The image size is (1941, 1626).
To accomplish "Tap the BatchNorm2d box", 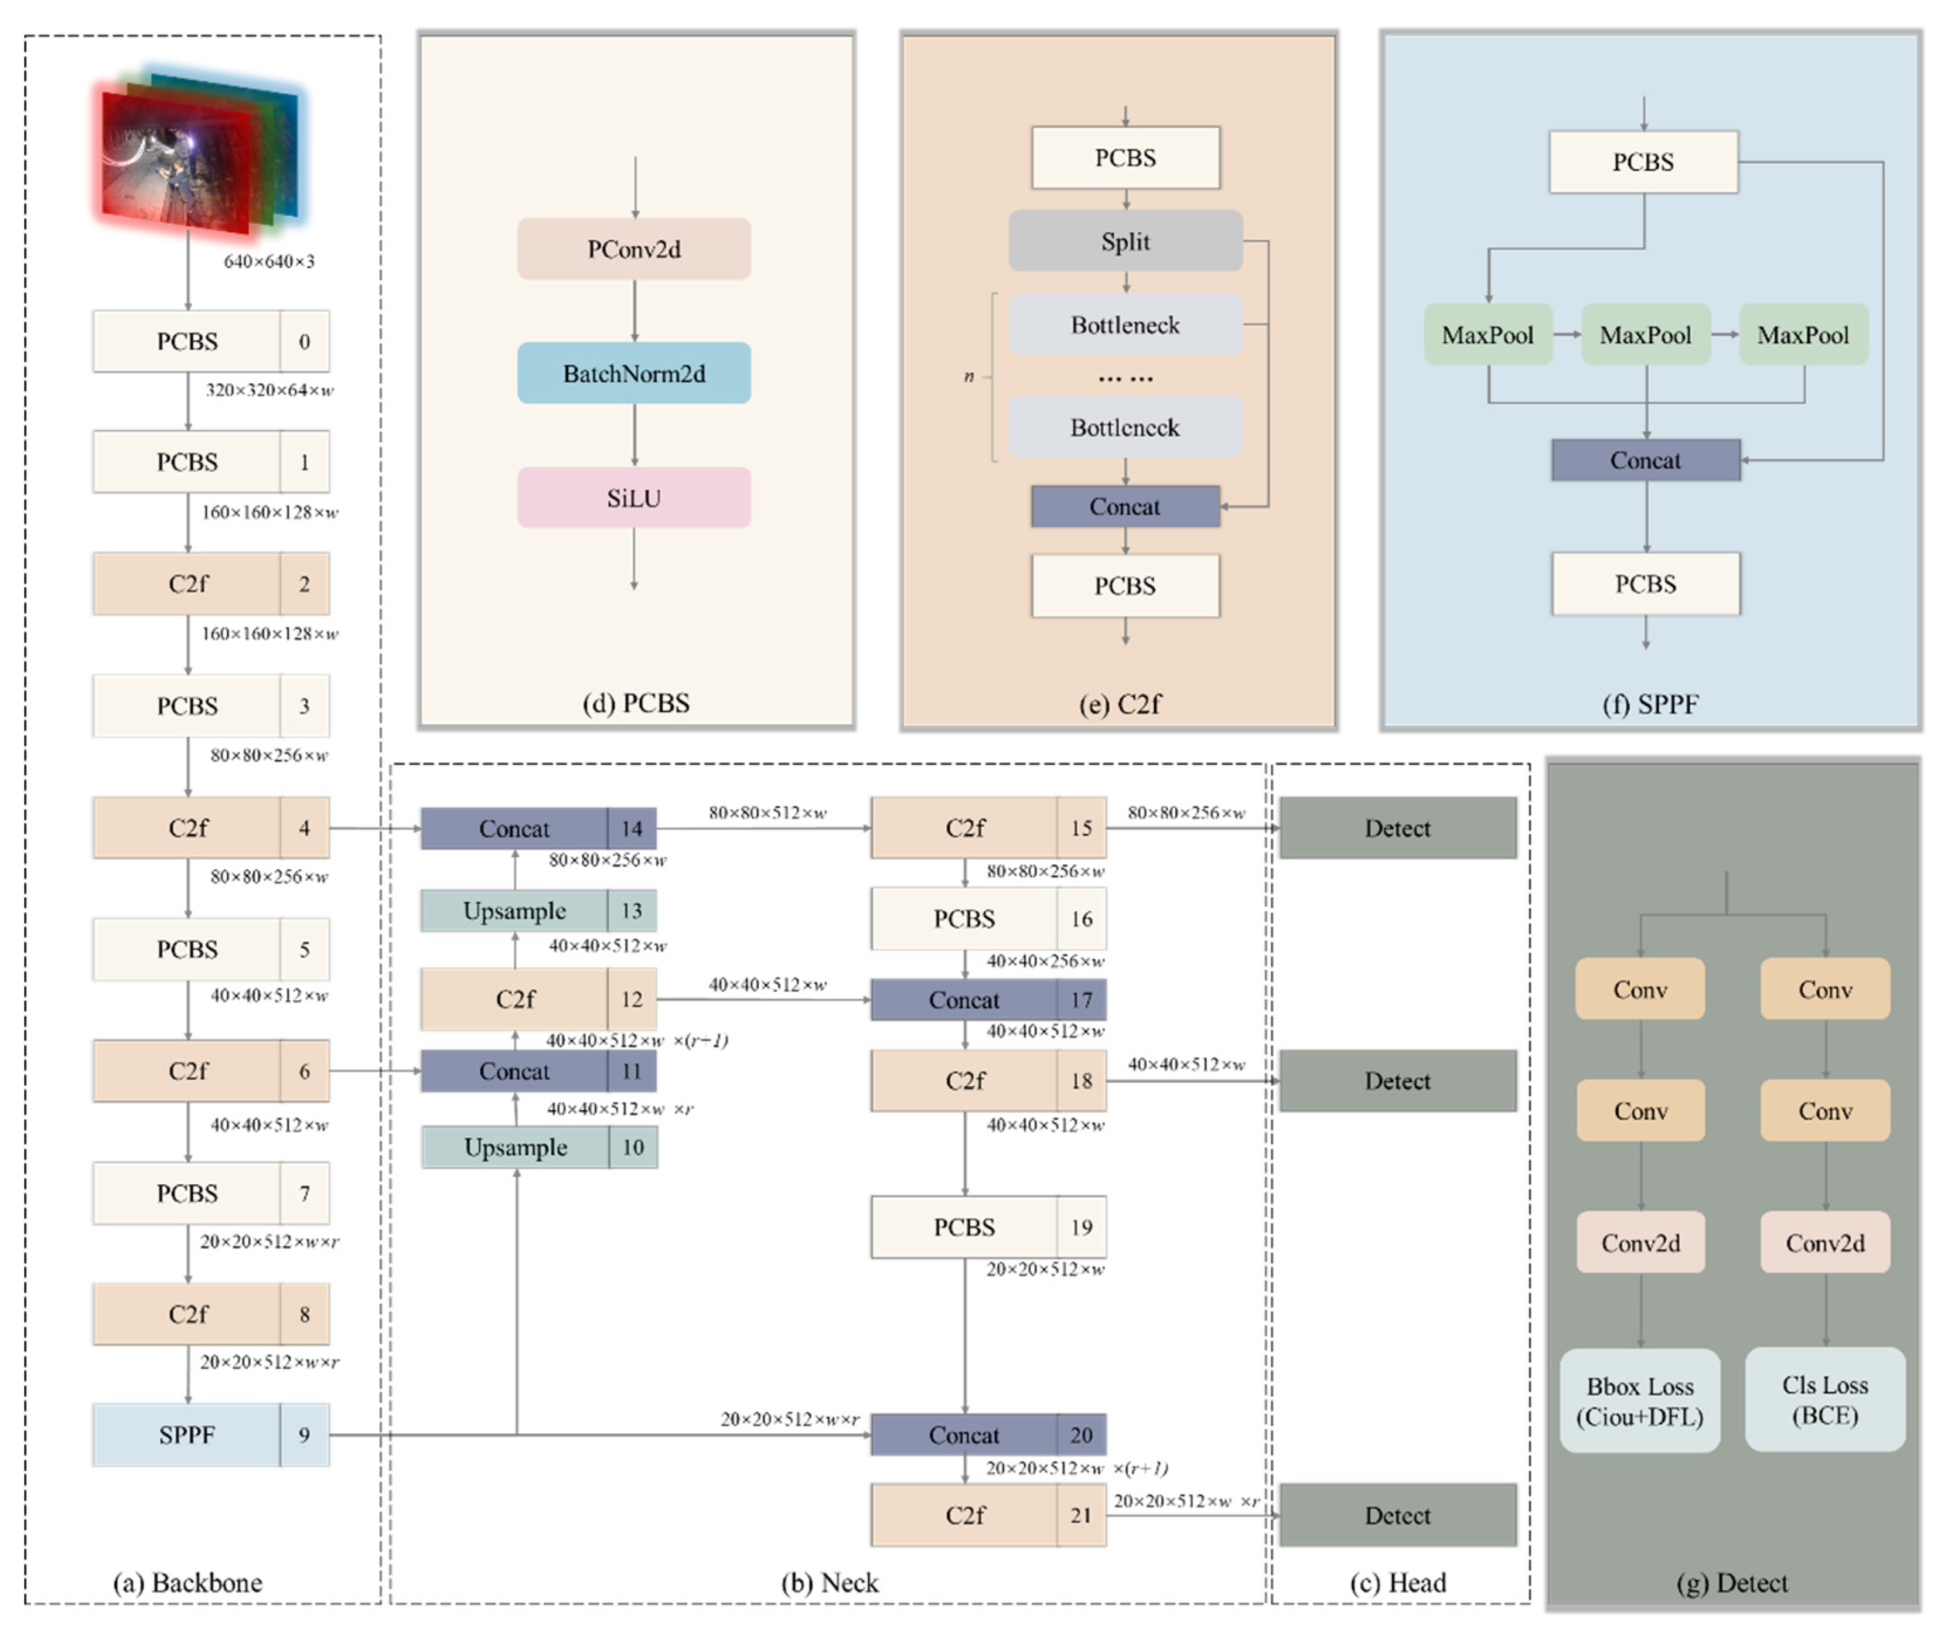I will click(x=634, y=373).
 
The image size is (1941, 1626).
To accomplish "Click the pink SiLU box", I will click(x=634, y=498).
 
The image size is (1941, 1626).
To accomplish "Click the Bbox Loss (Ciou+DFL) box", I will click(x=1640, y=1400).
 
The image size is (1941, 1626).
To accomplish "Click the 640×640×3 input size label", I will click(x=269, y=261).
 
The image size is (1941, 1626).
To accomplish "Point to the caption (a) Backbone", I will click(x=187, y=1583).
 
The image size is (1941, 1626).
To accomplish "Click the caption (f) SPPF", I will click(x=1650, y=704).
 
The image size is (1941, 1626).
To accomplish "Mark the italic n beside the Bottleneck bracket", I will click(x=968, y=376).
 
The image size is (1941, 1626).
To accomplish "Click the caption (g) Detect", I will click(x=1731, y=1583).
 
